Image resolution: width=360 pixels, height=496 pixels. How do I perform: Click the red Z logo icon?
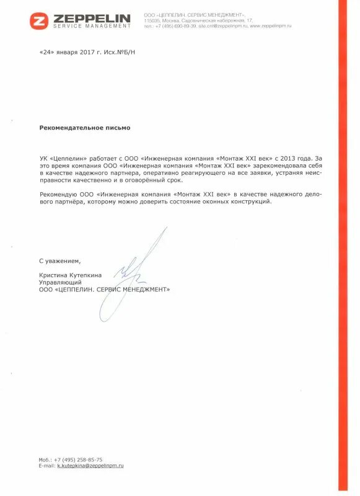coord(38,20)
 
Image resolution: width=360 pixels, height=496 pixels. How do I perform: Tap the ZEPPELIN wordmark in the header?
coord(92,18)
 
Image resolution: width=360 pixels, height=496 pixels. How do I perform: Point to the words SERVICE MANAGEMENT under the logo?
coord(92,27)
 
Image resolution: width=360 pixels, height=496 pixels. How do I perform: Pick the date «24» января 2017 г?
coord(70,52)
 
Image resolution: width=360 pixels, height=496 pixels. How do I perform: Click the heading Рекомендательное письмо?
coord(85,127)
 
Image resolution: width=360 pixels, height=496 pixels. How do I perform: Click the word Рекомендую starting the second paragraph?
coord(59,195)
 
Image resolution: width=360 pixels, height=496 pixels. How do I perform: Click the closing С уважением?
coord(60,260)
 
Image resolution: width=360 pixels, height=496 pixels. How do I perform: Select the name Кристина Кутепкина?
coord(71,275)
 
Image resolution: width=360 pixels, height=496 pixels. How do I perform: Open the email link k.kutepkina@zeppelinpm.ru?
coord(90,465)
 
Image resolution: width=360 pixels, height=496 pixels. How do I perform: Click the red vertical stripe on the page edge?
coord(343,248)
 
